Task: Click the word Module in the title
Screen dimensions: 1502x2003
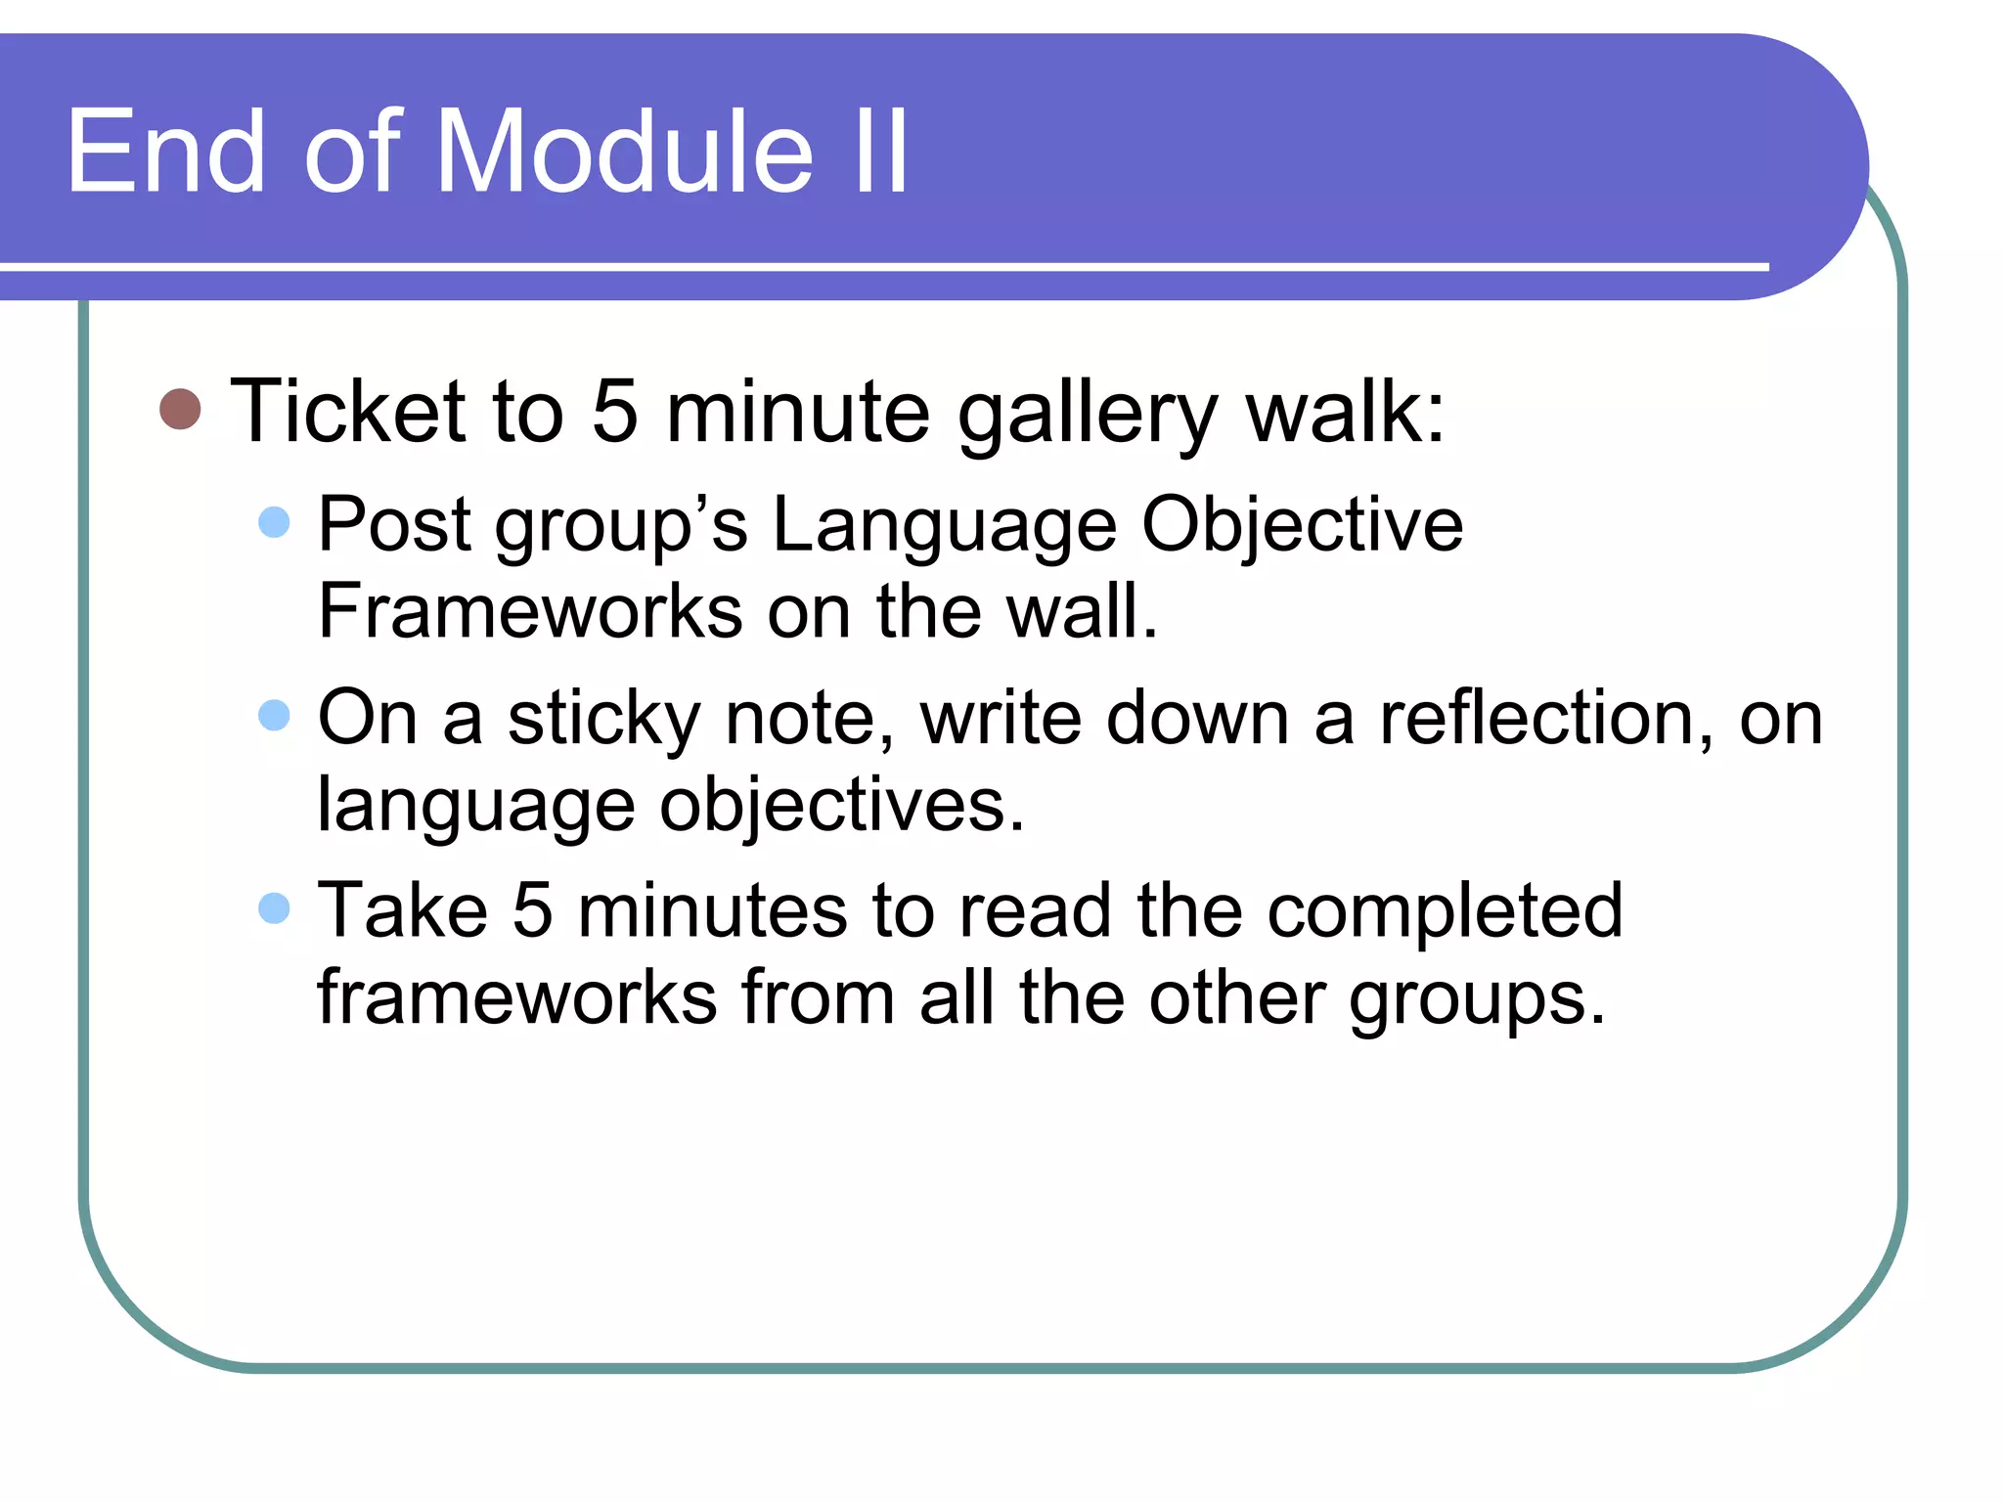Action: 624,152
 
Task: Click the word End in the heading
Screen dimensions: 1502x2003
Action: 165,152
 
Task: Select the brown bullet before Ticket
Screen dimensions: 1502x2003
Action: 180,410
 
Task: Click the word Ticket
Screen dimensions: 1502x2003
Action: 347,412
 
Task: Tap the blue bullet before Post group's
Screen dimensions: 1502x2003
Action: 275,522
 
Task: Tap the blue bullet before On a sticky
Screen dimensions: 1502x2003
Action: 275,715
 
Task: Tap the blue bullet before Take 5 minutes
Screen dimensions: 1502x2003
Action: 275,908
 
